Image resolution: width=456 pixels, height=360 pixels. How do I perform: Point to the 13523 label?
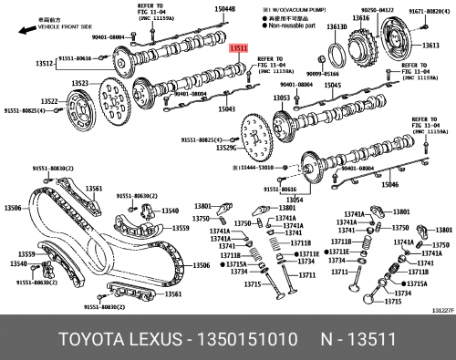click(80, 83)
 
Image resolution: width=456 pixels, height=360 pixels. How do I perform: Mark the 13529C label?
click(225, 148)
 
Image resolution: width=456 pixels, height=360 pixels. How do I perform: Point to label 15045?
click(332, 85)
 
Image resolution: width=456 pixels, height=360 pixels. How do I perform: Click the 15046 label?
click(389, 185)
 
